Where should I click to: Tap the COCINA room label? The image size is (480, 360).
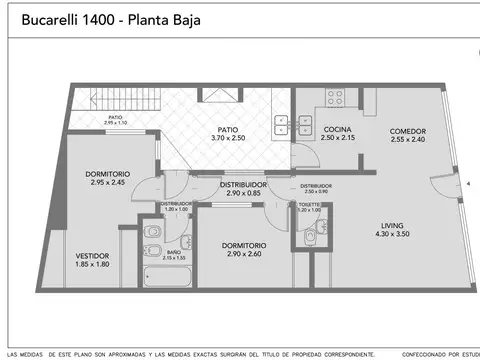333,129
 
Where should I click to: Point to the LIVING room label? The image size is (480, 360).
406,226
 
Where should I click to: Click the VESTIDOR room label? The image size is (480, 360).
92,256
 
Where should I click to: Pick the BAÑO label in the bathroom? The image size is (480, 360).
173,251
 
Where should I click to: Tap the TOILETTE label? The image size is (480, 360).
309,205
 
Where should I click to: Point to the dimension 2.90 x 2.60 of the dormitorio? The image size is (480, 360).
244,255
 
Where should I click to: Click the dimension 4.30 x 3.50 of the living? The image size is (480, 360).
406,234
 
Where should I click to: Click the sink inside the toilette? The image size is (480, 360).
310,238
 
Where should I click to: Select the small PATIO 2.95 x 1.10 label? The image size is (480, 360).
115,119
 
